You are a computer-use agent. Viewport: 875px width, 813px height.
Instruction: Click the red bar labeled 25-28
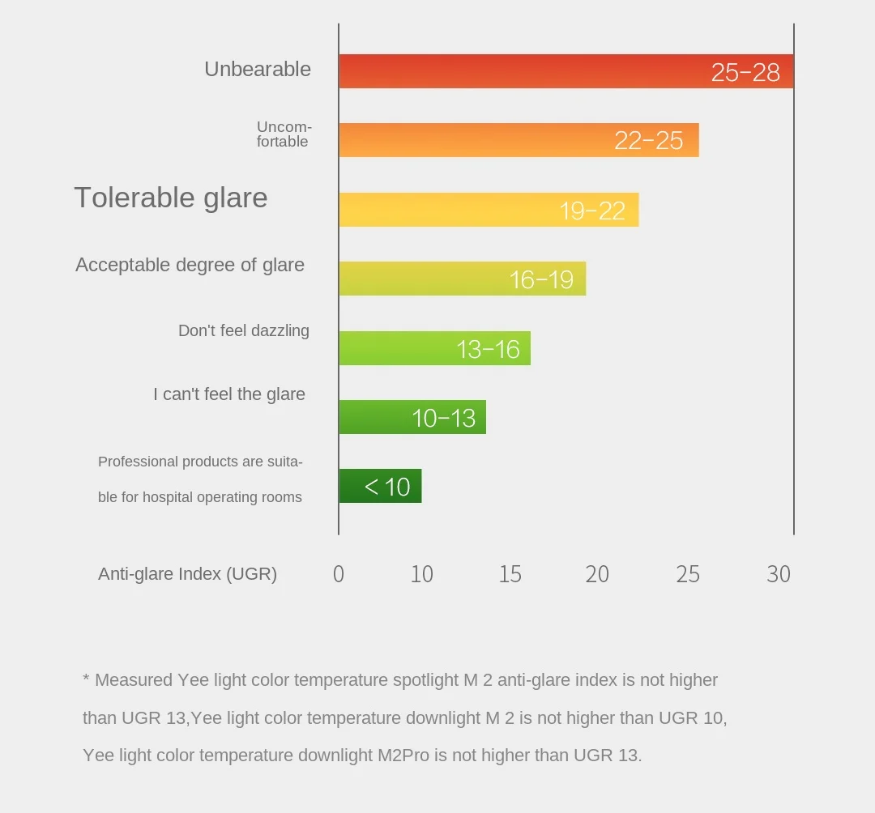pos(566,71)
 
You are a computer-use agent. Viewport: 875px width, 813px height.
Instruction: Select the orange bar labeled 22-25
pos(519,140)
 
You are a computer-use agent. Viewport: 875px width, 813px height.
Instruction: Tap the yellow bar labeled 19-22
pos(489,210)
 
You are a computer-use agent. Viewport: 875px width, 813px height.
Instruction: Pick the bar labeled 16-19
pos(462,279)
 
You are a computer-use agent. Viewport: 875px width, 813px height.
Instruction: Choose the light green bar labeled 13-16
pos(434,348)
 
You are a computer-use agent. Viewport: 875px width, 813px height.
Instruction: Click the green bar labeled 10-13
pos(412,417)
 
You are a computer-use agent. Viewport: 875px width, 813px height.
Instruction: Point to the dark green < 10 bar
pos(380,486)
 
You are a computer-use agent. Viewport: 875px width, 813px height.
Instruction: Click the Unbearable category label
pos(258,70)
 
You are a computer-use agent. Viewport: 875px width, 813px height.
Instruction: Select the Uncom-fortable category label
pos(284,134)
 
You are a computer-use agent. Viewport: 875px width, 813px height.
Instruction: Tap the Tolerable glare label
pos(171,198)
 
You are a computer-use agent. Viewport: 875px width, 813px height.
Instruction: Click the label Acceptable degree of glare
pos(190,265)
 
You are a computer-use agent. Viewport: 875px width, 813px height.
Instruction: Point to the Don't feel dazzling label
pos(244,330)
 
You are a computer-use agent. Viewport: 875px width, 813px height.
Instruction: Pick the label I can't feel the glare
pos(229,394)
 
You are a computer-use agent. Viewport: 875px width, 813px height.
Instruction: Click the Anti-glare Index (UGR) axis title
pos(187,574)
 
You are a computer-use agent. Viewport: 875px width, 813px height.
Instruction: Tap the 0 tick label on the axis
pos(339,574)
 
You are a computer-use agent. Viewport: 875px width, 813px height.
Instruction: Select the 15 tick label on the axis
pos(510,574)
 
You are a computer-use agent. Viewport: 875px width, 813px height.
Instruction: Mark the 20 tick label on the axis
pos(597,574)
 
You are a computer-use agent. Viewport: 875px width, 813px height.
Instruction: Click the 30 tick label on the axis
pos(779,574)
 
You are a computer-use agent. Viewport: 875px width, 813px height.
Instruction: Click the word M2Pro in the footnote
pos(404,756)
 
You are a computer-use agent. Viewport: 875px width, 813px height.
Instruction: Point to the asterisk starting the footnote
pos(86,679)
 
